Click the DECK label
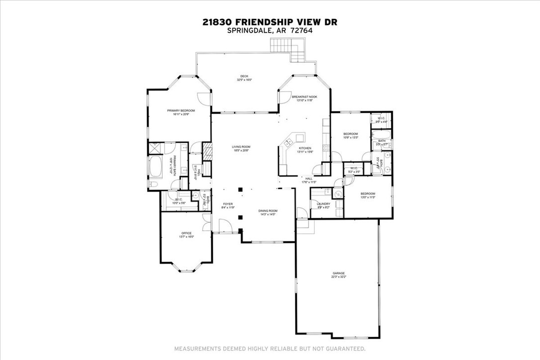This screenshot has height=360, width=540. click(x=244, y=76)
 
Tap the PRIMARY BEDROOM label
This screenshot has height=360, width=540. click(x=180, y=110)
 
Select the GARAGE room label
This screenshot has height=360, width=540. click(x=339, y=273)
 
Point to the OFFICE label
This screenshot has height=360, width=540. click(x=186, y=233)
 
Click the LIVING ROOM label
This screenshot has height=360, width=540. click(x=241, y=147)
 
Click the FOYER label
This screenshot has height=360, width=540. click(x=228, y=204)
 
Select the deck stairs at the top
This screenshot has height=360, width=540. click(x=287, y=48)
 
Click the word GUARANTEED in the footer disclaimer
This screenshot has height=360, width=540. click(x=345, y=349)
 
